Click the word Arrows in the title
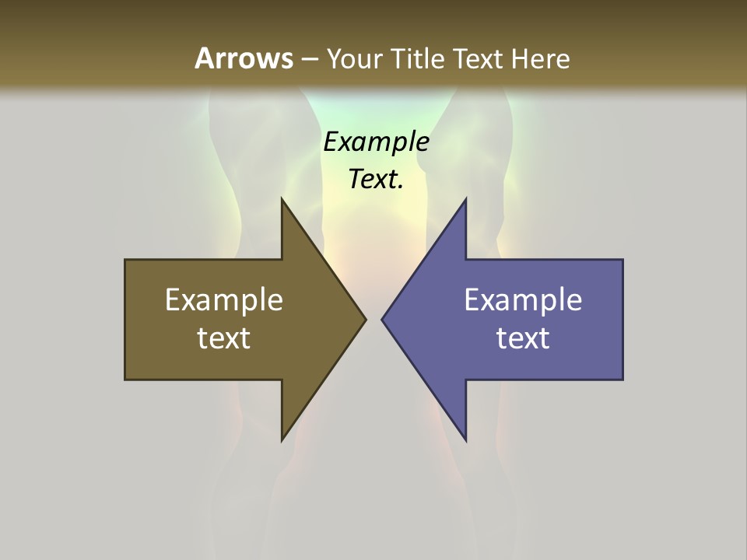(244, 58)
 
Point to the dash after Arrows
(309, 59)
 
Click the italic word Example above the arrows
(376, 142)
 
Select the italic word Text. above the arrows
(376, 179)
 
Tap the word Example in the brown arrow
(224, 300)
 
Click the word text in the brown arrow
(224, 338)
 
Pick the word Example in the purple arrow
(523, 300)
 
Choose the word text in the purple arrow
(523, 338)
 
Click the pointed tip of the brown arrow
(365, 320)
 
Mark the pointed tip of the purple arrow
(382, 320)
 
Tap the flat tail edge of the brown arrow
(126, 320)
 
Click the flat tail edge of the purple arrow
(622, 320)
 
